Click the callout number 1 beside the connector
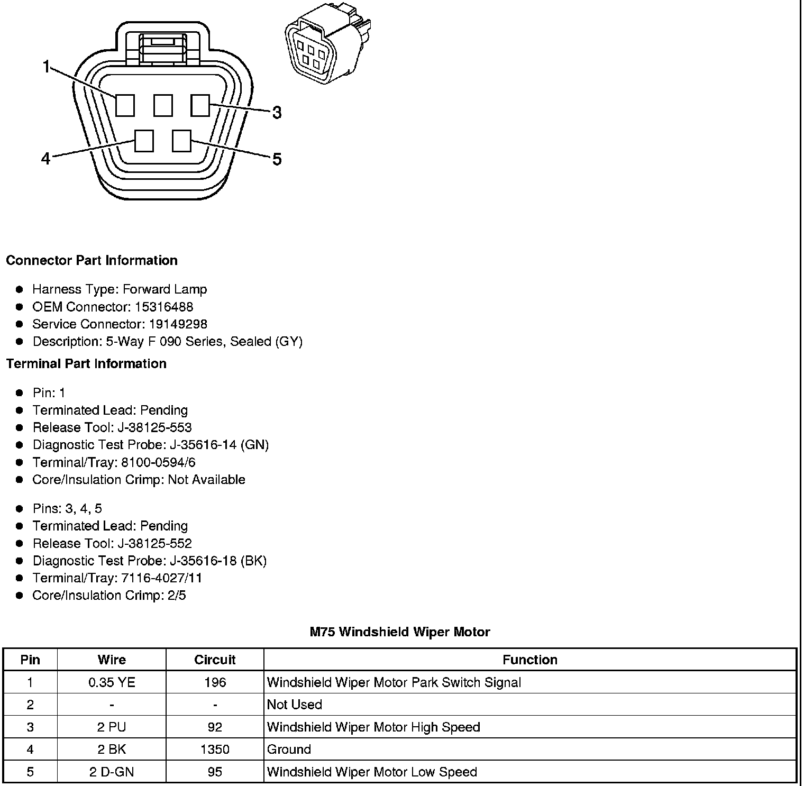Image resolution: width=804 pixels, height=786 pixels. tap(47, 67)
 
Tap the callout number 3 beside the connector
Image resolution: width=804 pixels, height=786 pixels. tap(277, 113)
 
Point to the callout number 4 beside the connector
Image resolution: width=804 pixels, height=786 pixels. tap(46, 158)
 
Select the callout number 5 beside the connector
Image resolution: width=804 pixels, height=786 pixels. tap(277, 159)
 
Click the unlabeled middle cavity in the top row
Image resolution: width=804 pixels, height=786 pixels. tap(163, 105)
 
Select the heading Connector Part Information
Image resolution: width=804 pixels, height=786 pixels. tap(92, 260)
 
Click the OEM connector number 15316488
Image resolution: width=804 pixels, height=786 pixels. tap(164, 307)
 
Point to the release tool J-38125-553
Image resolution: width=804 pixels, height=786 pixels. tap(154, 427)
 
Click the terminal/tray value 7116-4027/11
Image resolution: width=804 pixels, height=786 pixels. tap(162, 578)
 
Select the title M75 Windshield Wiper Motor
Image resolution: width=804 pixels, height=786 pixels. tap(400, 632)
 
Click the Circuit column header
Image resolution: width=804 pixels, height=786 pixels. tap(215, 660)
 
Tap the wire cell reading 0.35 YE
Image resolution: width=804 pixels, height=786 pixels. tap(112, 682)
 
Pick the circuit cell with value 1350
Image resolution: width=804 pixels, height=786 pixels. tap(215, 750)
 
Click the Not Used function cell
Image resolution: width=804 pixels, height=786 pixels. tap(295, 705)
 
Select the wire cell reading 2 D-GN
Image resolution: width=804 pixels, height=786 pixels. tap(112, 772)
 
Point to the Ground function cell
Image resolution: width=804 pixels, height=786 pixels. tap(289, 750)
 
